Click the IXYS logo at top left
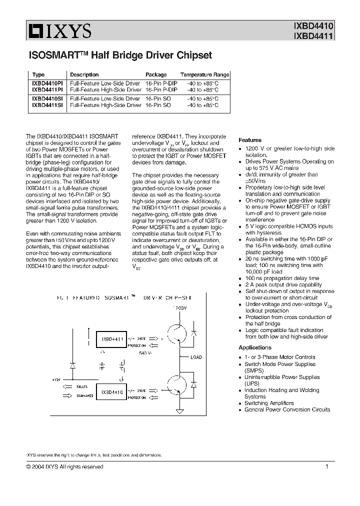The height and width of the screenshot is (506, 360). (x=59, y=32)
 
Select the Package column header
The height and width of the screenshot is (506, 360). (x=156, y=74)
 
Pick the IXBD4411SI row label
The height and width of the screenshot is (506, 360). (x=47, y=105)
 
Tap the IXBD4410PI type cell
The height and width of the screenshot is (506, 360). (x=47, y=83)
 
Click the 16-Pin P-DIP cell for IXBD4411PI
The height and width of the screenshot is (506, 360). (x=161, y=90)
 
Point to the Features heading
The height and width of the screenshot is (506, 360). (x=250, y=140)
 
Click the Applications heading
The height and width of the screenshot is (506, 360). (x=255, y=347)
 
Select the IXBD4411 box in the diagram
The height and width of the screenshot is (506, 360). (x=112, y=339)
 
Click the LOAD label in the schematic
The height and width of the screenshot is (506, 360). (x=196, y=357)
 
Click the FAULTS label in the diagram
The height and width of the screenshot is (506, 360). (x=83, y=386)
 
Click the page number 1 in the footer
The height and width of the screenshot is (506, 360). (x=326, y=466)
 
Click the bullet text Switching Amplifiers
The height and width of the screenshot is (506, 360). (x=269, y=403)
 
